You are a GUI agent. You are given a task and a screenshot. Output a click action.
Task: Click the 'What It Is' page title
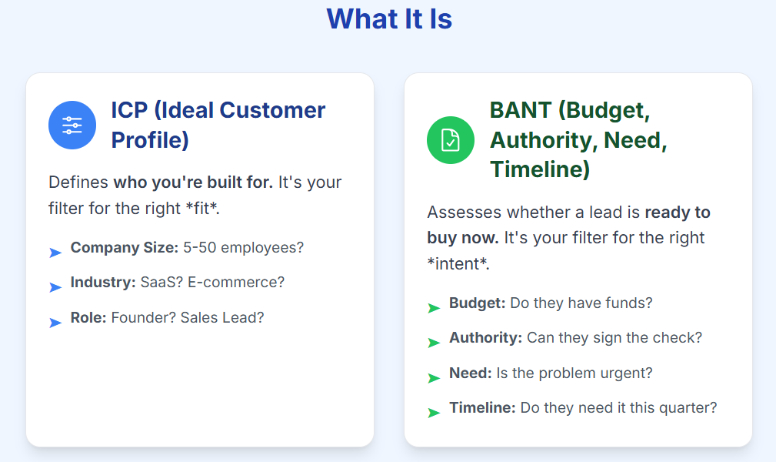[x=389, y=18]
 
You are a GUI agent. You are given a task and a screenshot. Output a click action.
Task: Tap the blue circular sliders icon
[x=72, y=125]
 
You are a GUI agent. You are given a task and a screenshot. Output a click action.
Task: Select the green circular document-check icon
[x=451, y=140]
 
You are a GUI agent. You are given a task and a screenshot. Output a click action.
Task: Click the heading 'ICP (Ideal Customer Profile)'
[x=218, y=125]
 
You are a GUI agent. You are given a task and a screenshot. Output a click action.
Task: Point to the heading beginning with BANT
[x=578, y=140]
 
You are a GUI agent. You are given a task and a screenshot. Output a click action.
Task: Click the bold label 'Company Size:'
[x=125, y=247]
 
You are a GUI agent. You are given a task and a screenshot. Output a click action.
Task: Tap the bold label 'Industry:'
[x=103, y=282]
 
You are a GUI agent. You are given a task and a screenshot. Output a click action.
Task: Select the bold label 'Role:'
[x=88, y=317]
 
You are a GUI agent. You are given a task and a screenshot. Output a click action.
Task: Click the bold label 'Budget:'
[x=477, y=303]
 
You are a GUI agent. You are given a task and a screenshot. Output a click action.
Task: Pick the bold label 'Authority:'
[x=485, y=337]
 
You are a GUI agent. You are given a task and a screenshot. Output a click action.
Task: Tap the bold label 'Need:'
[x=470, y=373]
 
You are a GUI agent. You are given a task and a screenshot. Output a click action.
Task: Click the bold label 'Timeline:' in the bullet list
[x=482, y=407]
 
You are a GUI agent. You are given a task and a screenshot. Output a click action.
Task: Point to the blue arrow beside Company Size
[x=55, y=253]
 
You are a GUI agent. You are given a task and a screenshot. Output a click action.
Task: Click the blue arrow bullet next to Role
[x=55, y=323]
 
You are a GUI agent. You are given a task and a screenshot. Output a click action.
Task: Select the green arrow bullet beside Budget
[x=434, y=308]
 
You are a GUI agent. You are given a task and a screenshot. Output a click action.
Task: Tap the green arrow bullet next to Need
[x=434, y=378]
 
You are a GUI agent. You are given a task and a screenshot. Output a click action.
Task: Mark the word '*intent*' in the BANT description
[x=458, y=263]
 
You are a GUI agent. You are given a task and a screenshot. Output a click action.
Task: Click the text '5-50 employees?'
[x=244, y=247]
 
